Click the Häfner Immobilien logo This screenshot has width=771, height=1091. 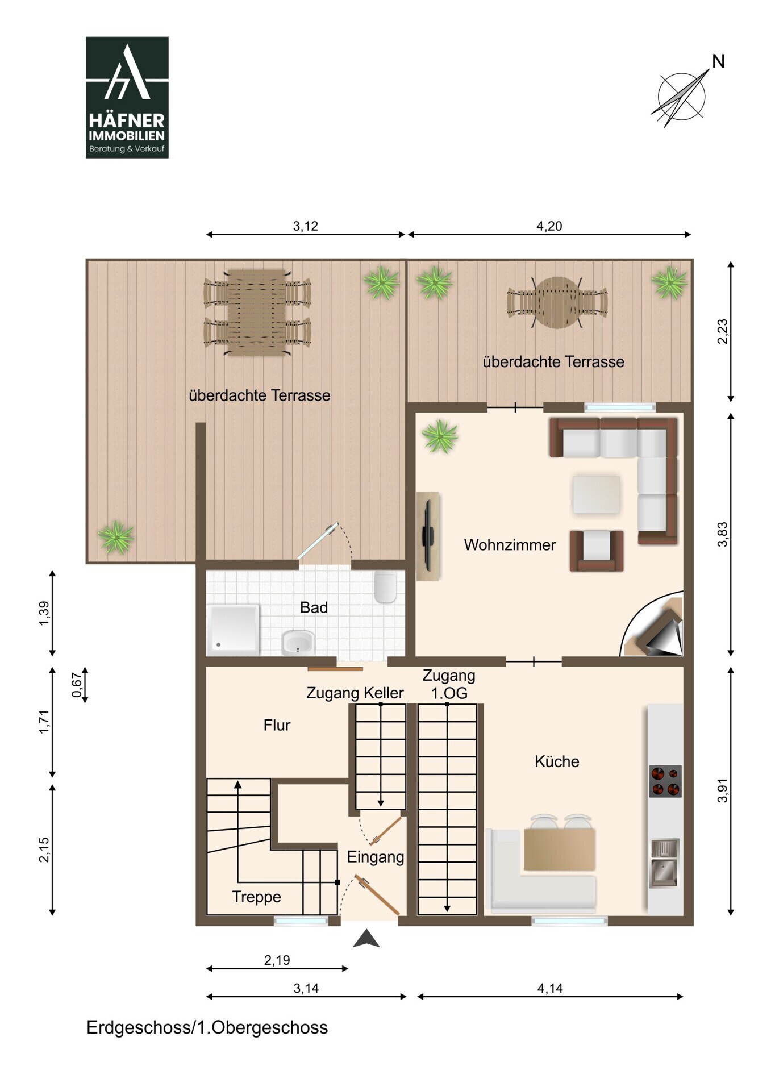tap(127, 97)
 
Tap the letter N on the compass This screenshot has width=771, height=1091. tap(718, 61)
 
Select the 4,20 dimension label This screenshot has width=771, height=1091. tap(549, 226)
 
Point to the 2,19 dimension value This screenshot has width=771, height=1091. tap(277, 960)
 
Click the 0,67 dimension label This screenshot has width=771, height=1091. tap(77, 685)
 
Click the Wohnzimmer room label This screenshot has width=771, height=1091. tap(510, 545)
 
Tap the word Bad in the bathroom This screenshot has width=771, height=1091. tap(314, 607)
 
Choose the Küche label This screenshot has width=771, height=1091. tap(557, 761)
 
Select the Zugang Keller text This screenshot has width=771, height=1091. tap(355, 693)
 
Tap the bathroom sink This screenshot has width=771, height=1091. tap(298, 643)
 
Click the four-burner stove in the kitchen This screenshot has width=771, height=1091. tap(665, 781)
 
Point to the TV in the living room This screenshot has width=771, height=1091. tap(428, 535)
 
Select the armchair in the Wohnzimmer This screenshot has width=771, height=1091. tap(597, 550)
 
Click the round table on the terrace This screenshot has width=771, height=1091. tap(557, 302)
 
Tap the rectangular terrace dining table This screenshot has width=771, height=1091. tap(257, 313)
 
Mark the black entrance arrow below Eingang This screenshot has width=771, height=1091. tap(366, 939)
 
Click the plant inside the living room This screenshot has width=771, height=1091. tap(440, 436)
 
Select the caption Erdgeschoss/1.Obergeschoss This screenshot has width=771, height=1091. tap(207, 1027)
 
